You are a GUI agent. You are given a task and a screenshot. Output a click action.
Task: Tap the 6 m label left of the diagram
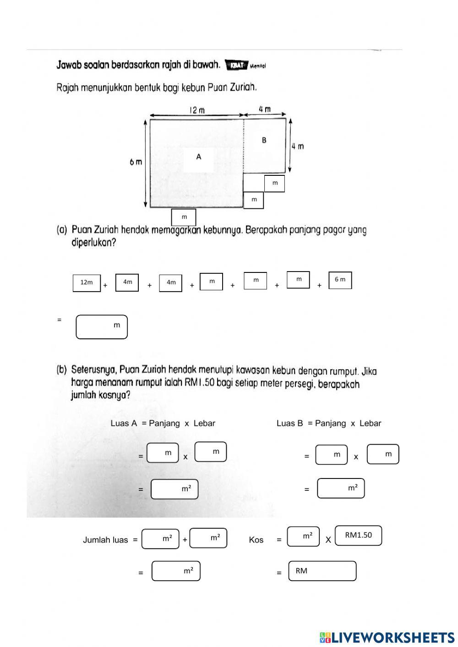coord(136,162)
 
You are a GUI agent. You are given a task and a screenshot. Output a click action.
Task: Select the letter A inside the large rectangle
coord(199,157)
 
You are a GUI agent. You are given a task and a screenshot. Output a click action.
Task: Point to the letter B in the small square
coord(264,140)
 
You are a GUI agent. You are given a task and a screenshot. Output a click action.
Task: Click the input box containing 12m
coord(87,283)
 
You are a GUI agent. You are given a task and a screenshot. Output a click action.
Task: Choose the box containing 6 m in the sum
coord(340,280)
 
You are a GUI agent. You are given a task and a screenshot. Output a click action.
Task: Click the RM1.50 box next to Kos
coord(358,535)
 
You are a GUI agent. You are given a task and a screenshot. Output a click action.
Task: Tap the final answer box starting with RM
coord(322,571)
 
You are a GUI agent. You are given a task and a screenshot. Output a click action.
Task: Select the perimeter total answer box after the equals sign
coord(102,326)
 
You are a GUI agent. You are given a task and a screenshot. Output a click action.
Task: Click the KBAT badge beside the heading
coord(236,65)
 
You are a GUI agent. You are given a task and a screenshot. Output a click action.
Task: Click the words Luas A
coord(124,424)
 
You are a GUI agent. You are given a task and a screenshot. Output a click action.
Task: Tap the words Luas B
coord(289,424)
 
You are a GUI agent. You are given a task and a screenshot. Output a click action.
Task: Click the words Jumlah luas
coord(105,540)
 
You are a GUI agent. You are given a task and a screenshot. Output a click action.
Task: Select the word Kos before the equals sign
coord(256,540)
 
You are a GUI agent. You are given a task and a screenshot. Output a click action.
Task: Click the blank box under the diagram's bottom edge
coord(184,217)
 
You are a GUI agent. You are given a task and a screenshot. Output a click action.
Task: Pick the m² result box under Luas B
coord(341,488)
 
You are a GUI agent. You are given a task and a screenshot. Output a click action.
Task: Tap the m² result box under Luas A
coord(174,489)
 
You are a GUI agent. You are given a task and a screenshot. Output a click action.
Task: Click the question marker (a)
coord(62,230)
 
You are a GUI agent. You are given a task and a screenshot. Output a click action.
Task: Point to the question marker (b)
coord(62,370)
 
